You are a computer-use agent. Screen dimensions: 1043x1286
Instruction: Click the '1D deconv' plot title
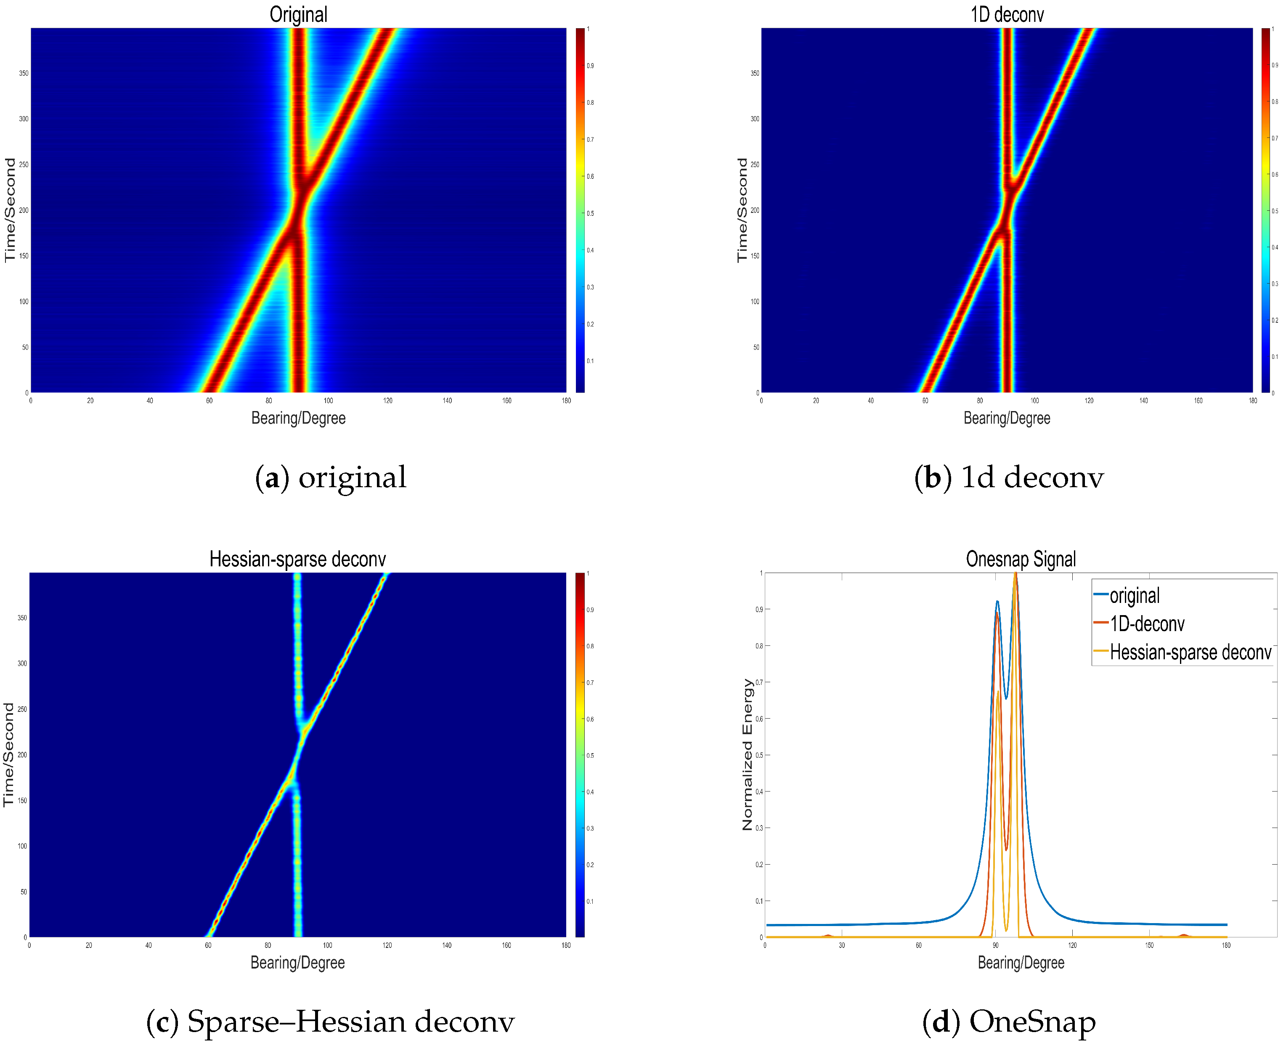(1007, 14)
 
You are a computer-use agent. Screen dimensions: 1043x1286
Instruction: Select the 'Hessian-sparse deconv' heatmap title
(297, 559)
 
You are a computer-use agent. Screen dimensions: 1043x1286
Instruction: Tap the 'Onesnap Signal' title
(1021, 559)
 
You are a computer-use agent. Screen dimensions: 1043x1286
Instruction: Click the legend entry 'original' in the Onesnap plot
(1134, 596)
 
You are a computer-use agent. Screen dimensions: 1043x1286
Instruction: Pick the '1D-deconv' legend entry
(1147, 624)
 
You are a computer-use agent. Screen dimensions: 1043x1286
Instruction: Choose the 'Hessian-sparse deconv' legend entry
(1190, 653)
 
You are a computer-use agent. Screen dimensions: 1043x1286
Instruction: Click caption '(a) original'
(331, 478)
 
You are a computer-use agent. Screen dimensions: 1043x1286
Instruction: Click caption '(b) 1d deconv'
(1008, 478)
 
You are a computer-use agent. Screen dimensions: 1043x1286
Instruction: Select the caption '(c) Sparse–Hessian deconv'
(330, 1022)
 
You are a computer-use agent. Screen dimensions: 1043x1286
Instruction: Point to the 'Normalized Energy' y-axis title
(747, 755)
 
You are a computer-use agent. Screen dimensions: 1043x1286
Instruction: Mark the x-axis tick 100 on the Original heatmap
(328, 401)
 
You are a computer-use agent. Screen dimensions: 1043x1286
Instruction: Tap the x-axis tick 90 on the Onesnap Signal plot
(995, 946)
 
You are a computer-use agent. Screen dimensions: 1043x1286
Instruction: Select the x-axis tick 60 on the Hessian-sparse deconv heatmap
(208, 946)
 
